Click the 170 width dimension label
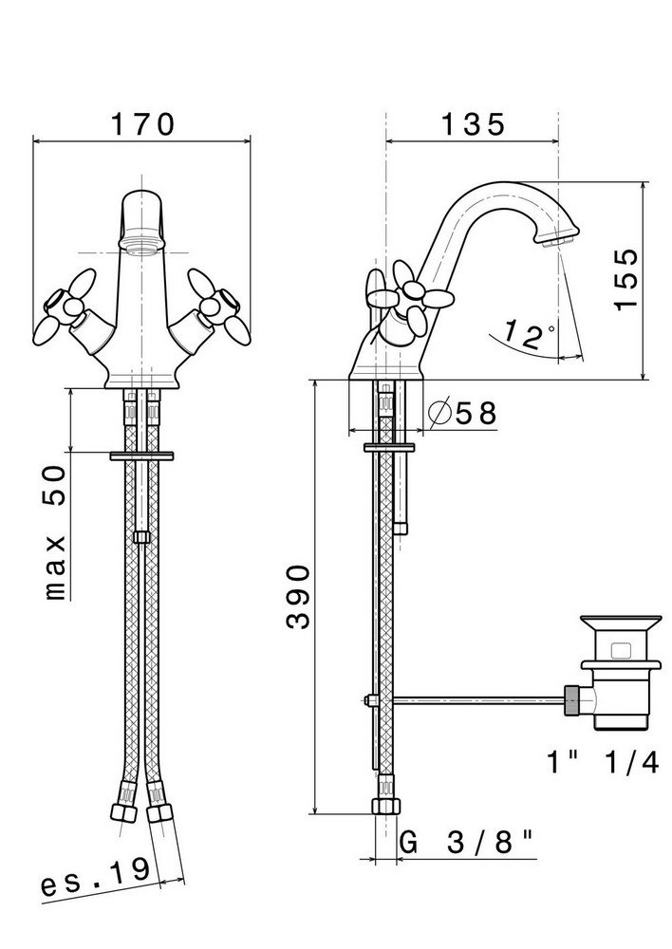[143, 124]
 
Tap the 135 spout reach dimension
[473, 124]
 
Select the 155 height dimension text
[626, 279]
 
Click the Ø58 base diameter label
[462, 413]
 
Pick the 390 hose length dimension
[298, 597]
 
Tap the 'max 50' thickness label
[55, 532]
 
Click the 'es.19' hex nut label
[95, 877]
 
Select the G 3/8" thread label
[467, 842]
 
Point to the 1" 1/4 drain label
[603, 763]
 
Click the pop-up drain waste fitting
[619, 672]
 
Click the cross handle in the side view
[409, 296]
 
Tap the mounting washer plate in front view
[141, 456]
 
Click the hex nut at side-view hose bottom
[385, 805]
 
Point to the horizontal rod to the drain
[478, 700]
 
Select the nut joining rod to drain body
[573, 700]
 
